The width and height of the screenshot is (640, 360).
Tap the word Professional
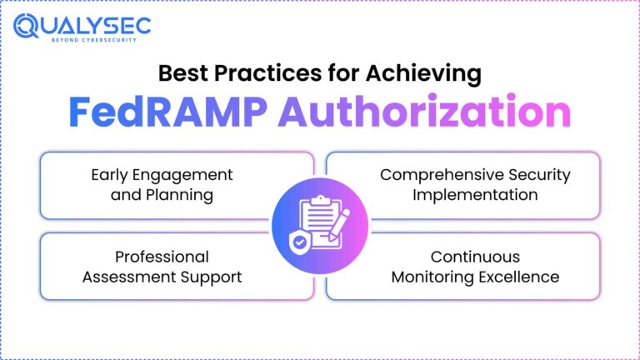tap(162, 257)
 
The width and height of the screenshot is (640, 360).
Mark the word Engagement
tap(189, 175)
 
